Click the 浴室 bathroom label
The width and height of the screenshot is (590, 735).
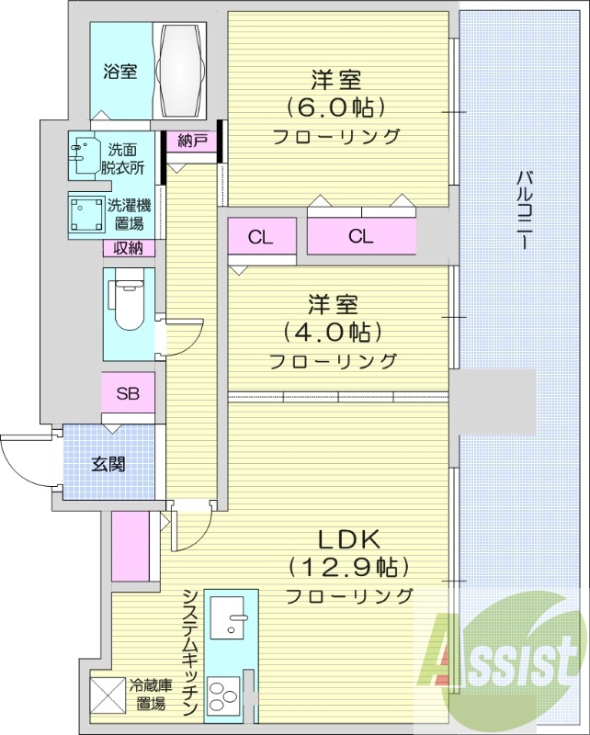point(119,72)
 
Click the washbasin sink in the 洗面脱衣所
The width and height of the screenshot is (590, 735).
point(84,153)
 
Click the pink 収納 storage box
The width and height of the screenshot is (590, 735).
point(128,247)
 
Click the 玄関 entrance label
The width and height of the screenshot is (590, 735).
point(108,464)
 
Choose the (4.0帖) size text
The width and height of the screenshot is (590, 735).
point(333,331)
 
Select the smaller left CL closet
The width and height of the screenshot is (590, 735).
point(261,236)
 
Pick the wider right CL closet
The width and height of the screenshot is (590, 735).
point(361,236)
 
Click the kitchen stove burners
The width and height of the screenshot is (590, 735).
point(226,695)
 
